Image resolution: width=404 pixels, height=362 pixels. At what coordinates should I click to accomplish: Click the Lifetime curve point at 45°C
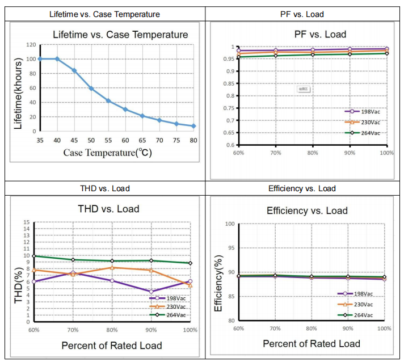click(74, 70)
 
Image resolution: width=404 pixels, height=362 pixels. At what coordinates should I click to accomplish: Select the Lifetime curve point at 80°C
click(193, 126)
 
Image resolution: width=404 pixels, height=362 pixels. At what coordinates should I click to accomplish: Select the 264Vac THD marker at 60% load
click(34, 256)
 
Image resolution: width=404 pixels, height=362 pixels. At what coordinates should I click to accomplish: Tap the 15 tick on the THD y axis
click(26, 222)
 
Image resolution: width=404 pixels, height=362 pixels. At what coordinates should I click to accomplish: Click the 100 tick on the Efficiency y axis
click(229, 224)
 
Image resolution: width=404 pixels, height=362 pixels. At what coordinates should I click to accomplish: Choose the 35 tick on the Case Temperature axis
click(40, 140)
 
